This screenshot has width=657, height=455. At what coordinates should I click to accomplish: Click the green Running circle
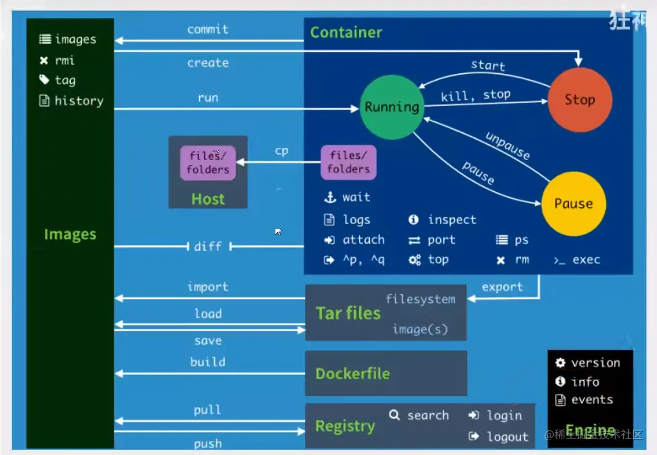[x=392, y=107]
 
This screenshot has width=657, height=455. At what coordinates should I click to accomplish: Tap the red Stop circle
[x=580, y=100]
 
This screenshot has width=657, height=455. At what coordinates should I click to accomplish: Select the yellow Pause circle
[x=573, y=204]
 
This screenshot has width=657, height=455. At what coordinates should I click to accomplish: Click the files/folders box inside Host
[x=208, y=163]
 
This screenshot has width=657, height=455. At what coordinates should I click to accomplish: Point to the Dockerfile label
[x=352, y=374]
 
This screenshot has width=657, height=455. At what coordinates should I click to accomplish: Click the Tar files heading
[x=348, y=313]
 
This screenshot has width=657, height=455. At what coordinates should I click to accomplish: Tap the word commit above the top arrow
[x=208, y=29]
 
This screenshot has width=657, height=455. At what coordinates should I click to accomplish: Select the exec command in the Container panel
[x=586, y=260]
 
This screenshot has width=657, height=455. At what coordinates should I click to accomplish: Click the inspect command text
[x=452, y=220]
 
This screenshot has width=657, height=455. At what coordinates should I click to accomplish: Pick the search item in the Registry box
[x=428, y=416]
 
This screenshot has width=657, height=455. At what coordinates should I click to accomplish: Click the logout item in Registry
[x=507, y=437]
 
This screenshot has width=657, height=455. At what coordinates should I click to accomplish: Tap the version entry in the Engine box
[x=595, y=363]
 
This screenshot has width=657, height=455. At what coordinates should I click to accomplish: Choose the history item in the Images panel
[x=79, y=101]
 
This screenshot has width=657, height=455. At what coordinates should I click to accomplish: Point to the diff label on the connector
[x=208, y=246]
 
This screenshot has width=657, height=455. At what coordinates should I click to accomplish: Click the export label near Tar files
[x=502, y=287]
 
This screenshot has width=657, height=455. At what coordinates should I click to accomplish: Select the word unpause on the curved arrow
[x=508, y=146]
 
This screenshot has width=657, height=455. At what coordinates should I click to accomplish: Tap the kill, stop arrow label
[x=475, y=95]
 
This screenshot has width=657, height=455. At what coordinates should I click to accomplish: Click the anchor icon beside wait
[x=330, y=198]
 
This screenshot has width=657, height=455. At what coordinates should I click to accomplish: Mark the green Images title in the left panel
[x=70, y=235]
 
